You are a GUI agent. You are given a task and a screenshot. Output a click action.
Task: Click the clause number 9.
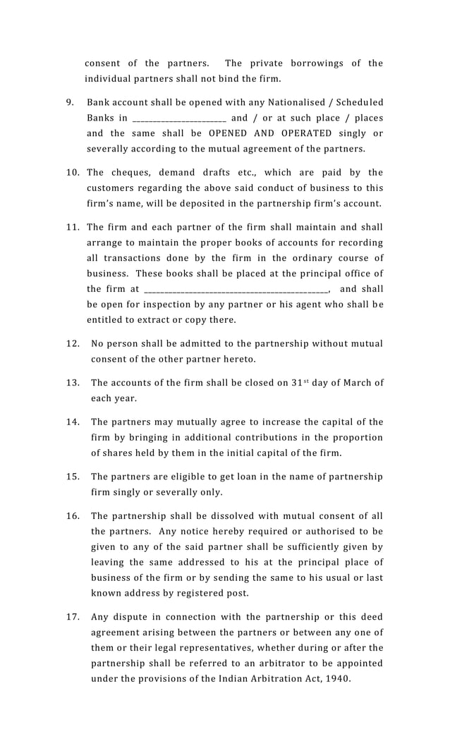[71, 103]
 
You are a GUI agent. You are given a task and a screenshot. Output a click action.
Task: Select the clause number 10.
[73, 173]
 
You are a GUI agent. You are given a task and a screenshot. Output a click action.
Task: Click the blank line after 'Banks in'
[178, 118]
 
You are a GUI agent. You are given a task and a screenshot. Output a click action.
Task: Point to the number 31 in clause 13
[300, 383]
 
